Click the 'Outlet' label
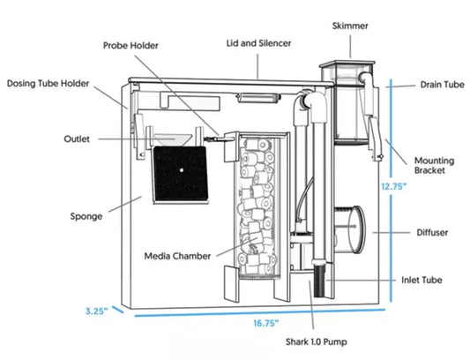pos(77,139)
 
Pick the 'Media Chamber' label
pos(177,257)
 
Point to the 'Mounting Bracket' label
pos(435,164)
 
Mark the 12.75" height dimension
pos(394,187)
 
